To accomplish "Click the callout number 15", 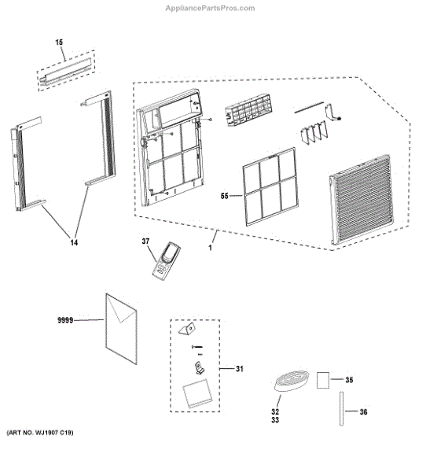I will (x=59, y=41).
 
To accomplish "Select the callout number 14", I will (x=74, y=244).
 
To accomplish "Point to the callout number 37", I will (x=145, y=242).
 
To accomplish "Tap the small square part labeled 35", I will (x=321, y=381).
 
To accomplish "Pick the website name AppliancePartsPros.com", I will (x=212, y=8).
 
